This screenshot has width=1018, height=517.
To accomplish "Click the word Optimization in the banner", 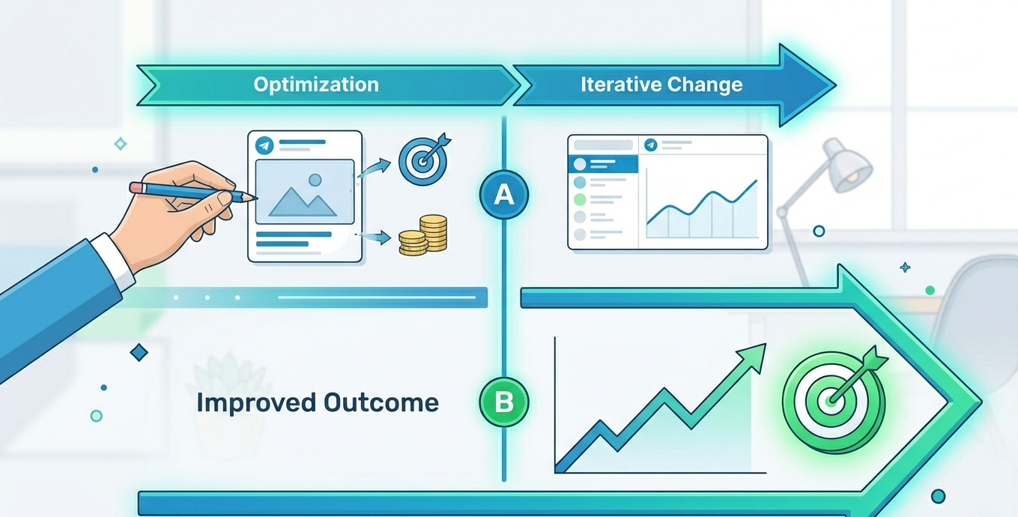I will [x=315, y=84].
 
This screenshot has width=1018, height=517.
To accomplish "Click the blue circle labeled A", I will [x=504, y=195].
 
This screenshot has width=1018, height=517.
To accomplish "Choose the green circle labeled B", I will [x=504, y=403].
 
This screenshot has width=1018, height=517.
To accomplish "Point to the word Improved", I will [x=255, y=403].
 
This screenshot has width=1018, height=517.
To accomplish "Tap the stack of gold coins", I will [x=423, y=234].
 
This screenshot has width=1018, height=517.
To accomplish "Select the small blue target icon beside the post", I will [x=423, y=160].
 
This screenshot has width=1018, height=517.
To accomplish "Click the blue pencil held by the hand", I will [x=191, y=191].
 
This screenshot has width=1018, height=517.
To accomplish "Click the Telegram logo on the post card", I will [x=263, y=145].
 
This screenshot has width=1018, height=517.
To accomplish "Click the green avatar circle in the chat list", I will [x=579, y=200].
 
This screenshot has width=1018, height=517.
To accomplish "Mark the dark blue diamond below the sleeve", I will [x=139, y=352].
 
